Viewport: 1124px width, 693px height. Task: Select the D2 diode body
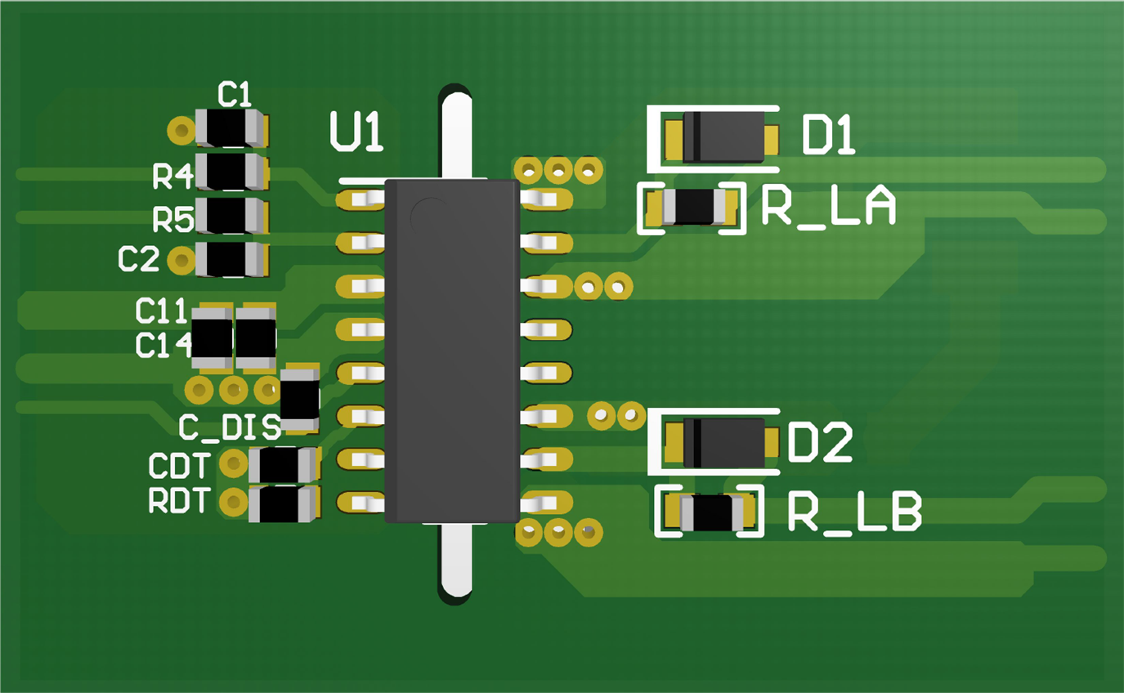point(724,443)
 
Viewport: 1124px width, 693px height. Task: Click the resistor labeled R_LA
point(693,207)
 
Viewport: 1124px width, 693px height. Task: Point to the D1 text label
point(829,136)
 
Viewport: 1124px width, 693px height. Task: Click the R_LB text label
point(855,512)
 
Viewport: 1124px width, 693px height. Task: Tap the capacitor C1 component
point(232,128)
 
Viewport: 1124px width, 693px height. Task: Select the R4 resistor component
point(232,172)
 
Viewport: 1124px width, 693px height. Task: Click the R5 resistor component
point(232,216)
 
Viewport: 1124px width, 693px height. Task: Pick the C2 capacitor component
point(232,259)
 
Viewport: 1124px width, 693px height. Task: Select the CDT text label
point(180,466)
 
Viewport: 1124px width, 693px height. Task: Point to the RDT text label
point(180,500)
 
